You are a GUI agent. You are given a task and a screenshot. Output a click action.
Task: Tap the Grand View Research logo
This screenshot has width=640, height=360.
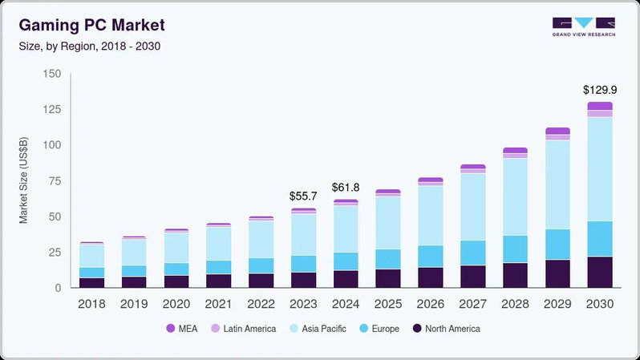tap(583, 26)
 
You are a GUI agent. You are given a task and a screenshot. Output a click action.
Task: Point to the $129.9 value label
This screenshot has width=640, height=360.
tap(599, 88)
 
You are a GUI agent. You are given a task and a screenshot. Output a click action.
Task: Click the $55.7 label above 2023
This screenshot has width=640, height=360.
tap(303, 196)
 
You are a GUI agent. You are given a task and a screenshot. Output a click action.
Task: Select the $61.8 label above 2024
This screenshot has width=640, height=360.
tap(346, 188)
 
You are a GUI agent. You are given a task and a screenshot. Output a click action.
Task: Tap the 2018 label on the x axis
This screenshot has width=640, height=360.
tap(91, 304)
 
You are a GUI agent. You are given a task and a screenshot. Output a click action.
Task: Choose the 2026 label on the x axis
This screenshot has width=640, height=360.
tap(430, 304)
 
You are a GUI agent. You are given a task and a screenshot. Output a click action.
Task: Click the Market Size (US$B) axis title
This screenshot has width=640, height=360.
tap(24, 180)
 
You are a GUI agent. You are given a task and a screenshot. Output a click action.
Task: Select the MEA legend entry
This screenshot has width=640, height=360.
tap(183, 329)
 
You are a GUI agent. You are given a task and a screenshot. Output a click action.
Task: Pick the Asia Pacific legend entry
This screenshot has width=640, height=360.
tap(319, 329)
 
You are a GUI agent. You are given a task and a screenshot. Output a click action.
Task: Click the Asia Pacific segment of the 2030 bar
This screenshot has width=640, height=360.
tap(599, 168)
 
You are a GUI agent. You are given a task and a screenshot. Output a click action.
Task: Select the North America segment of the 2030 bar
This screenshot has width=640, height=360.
tap(599, 272)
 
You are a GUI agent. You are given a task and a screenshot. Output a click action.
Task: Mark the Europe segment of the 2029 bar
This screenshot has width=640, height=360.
tap(557, 244)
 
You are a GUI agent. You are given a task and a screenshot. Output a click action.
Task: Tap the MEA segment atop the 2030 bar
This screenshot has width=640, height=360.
tap(599, 106)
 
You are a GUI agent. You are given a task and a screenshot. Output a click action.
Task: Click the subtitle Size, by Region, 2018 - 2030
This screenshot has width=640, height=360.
tap(90, 46)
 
